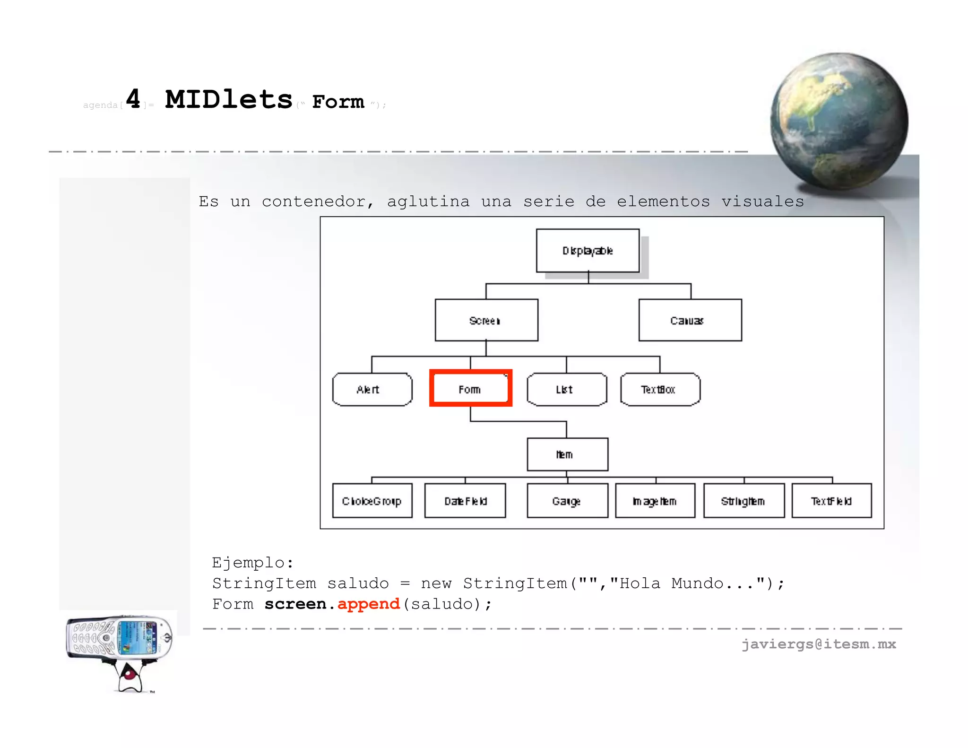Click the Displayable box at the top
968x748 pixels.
point(588,251)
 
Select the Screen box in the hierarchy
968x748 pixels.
point(486,320)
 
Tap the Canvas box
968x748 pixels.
point(690,320)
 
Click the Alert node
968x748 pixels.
point(372,389)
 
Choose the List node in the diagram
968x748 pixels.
point(566,389)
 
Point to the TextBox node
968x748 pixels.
point(660,389)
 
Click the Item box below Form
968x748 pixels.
point(567,454)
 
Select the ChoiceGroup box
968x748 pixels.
point(372,501)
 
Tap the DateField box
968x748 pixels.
point(465,501)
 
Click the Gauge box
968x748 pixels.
point(567,501)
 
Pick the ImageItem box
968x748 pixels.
point(655,501)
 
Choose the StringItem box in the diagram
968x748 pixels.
point(743,501)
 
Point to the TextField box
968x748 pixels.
point(831,501)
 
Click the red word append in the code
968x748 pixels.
point(369,604)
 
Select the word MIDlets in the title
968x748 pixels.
point(229,99)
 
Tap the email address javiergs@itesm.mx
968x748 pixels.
point(819,644)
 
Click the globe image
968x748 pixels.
point(839,121)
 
